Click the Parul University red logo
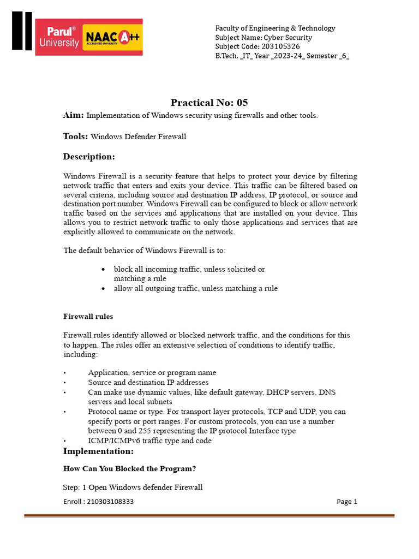pos(59,37)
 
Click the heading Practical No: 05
pos(209,103)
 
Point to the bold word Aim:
pos(74,115)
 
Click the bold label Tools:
pos(75,136)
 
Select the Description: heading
pos(89,157)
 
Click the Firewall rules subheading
pos(88,317)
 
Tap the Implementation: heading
pos(98,451)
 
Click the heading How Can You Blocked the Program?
pos(129,469)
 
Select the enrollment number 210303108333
pos(99,502)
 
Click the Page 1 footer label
pos(347,502)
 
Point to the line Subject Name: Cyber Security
pos(264,38)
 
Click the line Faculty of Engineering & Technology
pos(275,28)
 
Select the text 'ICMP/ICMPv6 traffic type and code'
pos(149,441)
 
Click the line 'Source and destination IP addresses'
pos(148,383)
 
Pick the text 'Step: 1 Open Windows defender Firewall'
pos(133,487)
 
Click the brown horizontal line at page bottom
pos(209,515)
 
